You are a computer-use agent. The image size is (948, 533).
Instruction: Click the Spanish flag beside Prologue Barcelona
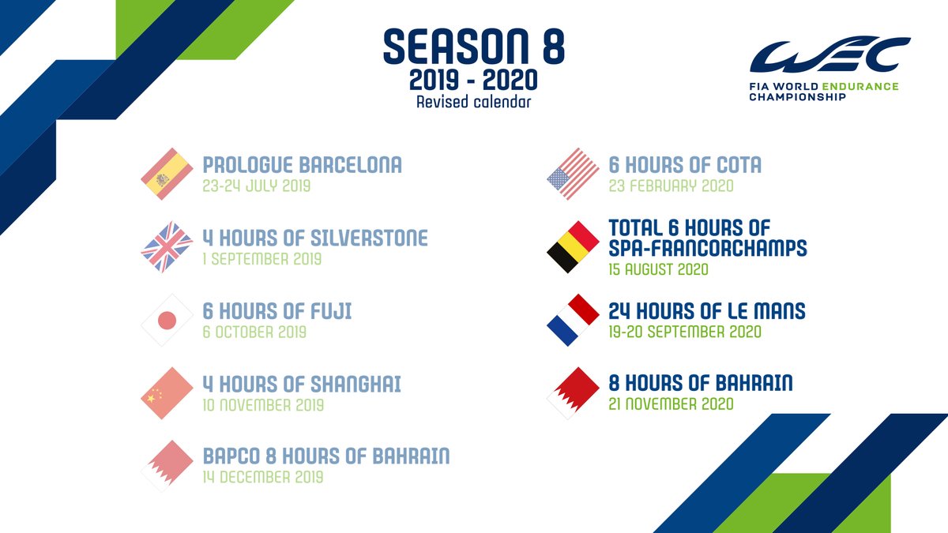click(x=167, y=174)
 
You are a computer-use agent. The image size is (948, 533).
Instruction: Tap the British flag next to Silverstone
click(x=167, y=247)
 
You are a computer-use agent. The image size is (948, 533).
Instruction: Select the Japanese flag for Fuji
click(x=167, y=320)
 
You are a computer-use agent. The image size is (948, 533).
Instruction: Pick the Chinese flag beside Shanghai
click(x=167, y=392)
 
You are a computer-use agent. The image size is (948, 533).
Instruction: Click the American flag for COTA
click(x=573, y=174)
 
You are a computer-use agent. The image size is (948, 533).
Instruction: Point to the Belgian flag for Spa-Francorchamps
click(x=573, y=247)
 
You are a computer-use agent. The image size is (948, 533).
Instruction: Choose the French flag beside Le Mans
click(x=573, y=320)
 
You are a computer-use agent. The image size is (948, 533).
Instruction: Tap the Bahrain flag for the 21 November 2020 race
click(x=573, y=392)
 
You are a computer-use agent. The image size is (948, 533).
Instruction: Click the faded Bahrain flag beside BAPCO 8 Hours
click(x=167, y=465)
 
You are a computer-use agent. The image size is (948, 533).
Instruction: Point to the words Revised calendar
click(x=474, y=101)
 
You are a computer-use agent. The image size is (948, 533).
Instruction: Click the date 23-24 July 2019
click(x=257, y=187)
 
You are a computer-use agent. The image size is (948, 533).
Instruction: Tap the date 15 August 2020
click(x=658, y=269)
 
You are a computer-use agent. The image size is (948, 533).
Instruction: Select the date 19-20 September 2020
click(x=685, y=332)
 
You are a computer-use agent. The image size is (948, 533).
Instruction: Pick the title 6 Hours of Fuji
click(x=277, y=311)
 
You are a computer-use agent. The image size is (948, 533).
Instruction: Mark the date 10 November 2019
click(x=263, y=405)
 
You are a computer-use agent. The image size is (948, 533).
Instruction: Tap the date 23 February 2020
click(x=671, y=186)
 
